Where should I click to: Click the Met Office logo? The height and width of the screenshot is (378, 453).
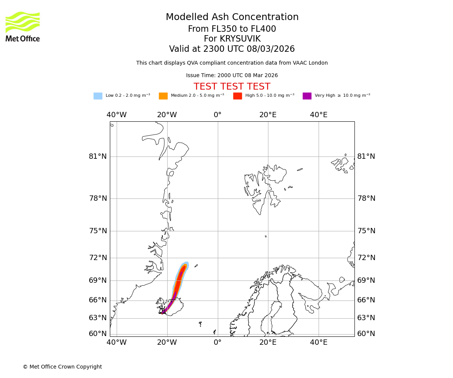pos(23,26)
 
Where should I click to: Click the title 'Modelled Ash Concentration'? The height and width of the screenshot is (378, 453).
pos(232,17)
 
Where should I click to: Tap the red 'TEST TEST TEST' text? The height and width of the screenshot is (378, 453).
pos(232,87)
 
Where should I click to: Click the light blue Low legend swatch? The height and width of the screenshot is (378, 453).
pos(98,96)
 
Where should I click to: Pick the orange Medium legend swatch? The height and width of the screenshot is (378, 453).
pos(163,96)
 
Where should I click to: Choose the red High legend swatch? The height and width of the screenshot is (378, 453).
pos(237,96)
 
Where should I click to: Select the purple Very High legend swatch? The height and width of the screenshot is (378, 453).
pos(307,96)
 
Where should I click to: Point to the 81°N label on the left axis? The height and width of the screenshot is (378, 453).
pos(98,156)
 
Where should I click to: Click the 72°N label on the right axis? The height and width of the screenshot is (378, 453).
pos(366,258)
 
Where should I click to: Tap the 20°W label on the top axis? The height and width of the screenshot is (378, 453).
pos(167,115)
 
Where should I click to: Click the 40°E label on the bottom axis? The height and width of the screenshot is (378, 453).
pos(319,343)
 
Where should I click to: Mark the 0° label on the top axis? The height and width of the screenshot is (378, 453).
pos(217,115)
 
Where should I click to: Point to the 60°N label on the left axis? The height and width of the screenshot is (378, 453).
pos(98,334)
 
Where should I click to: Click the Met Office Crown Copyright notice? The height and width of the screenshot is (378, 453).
pos(62,367)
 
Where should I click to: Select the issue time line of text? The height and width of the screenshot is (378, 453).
pos(232,76)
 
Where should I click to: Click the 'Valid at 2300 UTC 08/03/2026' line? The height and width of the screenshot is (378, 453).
pos(232,49)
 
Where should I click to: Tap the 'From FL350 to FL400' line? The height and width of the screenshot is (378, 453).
pos(232,29)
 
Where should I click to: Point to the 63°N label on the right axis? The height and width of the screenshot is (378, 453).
pos(366,318)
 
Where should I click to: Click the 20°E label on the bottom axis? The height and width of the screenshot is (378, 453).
pos(268,343)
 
